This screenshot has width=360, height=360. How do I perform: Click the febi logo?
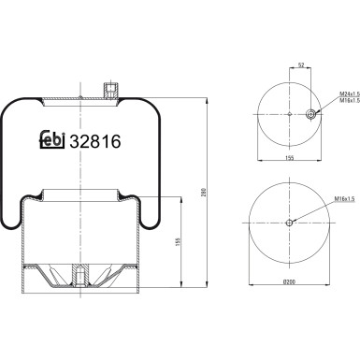point(52,139)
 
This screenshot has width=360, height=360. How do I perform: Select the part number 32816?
point(95,142)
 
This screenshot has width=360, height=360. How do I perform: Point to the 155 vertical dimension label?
point(179,242)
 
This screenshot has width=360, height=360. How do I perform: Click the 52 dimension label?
point(301,65)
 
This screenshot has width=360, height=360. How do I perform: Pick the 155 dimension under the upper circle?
point(290,158)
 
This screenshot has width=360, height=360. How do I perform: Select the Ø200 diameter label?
point(289,281)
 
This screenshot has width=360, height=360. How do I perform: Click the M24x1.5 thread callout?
point(350,94)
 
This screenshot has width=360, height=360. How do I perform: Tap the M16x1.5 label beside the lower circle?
point(345,198)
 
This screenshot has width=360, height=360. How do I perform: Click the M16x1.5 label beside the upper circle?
point(350,100)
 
